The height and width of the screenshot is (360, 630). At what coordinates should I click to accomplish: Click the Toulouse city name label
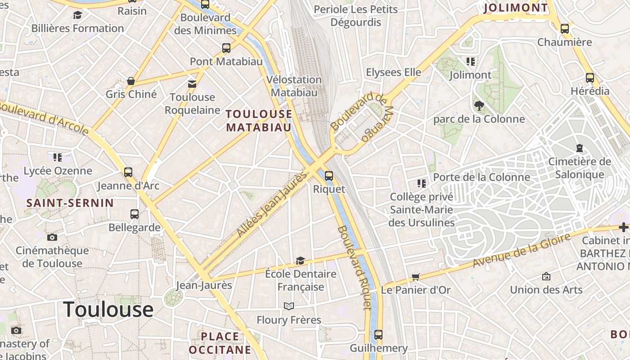tap(108, 310)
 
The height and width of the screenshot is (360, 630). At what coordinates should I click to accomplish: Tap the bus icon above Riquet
tap(329, 176)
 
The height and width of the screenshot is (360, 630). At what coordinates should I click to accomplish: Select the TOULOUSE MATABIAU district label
tap(259, 121)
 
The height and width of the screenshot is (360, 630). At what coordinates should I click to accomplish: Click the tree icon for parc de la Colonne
tap(479, 106)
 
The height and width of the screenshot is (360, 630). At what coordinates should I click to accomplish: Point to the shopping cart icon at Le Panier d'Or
tap(415, 277)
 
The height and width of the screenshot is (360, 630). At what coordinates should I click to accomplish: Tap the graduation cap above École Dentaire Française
tap(300, 261)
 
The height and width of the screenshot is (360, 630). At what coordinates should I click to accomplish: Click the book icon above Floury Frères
tap(289, 306)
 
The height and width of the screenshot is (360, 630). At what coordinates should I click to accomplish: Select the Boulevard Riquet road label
tap(355, 268)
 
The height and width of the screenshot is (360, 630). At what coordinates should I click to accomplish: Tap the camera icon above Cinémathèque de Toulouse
tap(52, 237)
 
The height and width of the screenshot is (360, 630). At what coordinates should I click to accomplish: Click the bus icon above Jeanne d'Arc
tap(128, 172)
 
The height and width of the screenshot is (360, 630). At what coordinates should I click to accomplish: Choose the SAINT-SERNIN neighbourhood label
tap(70, 203)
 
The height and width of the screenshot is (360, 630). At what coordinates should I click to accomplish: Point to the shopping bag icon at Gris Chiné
tap(131, 81)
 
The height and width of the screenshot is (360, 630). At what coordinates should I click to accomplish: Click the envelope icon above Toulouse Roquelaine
tap(192, 84)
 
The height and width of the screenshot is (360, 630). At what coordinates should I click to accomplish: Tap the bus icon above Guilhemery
tap(378, 335)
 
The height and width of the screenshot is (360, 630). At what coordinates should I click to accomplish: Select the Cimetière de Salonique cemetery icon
tap(579, 148)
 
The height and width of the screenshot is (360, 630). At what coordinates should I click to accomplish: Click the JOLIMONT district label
tap(516, 8)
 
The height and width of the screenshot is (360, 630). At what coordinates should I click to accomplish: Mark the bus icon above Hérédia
tap(590, 78)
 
